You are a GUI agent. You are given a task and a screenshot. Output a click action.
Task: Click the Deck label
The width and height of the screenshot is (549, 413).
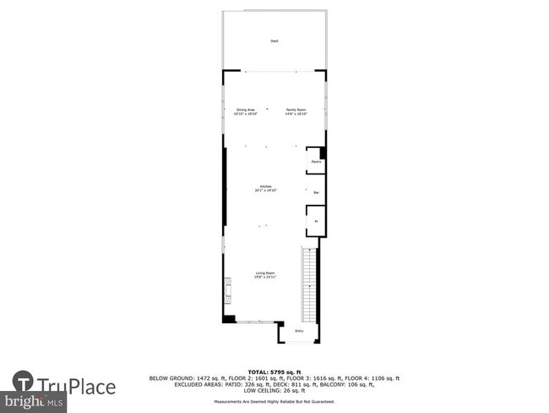point(274,41)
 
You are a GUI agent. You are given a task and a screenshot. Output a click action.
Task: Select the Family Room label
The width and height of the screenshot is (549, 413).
point(295,109)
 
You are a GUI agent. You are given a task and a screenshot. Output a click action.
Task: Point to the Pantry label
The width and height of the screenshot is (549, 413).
point(315,161)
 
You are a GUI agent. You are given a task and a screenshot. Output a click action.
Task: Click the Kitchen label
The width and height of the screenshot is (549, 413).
point(265,186)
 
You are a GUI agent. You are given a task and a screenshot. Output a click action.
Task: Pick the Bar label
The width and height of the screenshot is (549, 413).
point(316,192)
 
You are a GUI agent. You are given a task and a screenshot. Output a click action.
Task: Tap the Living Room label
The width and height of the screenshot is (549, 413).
point(265,273)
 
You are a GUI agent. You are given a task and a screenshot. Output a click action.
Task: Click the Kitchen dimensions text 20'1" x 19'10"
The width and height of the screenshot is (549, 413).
point(265,191)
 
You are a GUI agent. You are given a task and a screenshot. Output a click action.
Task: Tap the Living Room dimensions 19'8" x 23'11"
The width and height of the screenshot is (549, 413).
point(265,278)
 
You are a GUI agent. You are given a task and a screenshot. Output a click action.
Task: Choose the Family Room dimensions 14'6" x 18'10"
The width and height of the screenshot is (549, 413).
point(295,113)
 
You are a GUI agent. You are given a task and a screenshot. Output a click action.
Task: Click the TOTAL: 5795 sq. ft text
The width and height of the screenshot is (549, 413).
point(274,372)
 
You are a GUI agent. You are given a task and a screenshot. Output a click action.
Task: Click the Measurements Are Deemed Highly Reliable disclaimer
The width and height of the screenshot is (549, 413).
point(274,401)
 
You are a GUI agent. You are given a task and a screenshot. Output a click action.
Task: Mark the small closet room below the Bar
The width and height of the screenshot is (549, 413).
point(315,222)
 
